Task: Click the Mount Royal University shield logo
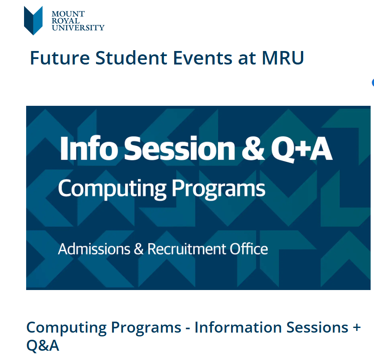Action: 33,20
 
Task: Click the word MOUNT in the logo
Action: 68,14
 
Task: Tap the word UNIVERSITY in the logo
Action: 78,28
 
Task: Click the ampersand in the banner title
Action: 253,149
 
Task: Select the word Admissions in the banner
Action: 94,249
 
